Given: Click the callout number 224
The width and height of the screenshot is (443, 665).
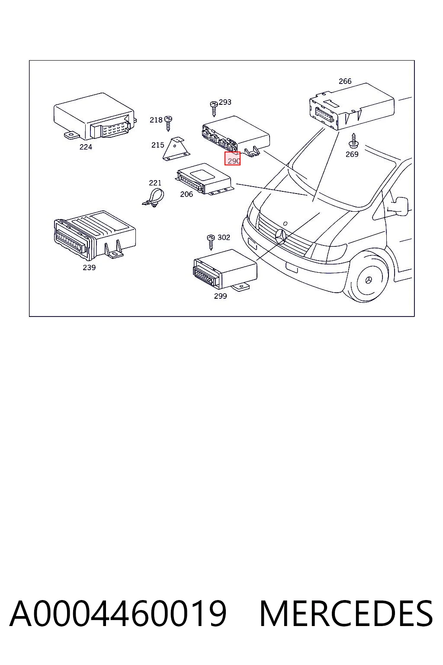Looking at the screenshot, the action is (86, 147).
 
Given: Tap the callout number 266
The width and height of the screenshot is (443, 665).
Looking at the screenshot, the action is (345, 81).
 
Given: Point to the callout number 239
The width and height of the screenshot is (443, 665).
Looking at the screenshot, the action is (89, 268).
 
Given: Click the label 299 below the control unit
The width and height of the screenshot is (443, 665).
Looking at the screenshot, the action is (221, 296).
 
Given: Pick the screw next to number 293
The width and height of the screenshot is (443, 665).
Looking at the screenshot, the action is (214, 109).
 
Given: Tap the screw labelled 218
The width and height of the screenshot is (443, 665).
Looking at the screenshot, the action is (168, 123).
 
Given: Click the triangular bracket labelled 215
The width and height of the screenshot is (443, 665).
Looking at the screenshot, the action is (176, 148).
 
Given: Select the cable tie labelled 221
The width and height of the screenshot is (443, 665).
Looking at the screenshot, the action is (153, 197).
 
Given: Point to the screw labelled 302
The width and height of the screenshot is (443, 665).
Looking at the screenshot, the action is (211, 242).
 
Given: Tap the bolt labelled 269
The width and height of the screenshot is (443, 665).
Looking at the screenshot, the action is (354, 141).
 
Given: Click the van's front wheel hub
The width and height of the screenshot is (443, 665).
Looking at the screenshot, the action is (369, 280).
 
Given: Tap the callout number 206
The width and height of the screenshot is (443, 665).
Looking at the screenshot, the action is (186, 194).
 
